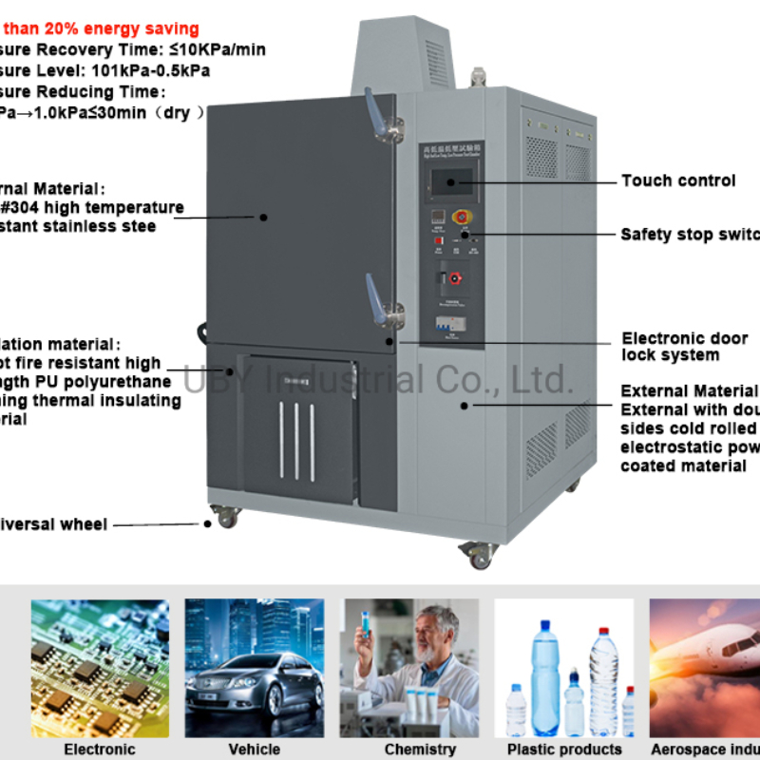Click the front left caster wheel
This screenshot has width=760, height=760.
pyautogui.click(x=227, y=518)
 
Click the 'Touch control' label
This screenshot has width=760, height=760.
pyautogui.click(x=678, y=180)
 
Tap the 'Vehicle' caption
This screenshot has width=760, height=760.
pyautogui.click(x=254, y=750)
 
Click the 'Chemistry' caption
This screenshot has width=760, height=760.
pyautogui.click(x=407, y=750)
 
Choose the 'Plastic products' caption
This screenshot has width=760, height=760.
pyautogui.click(x=564, y=750)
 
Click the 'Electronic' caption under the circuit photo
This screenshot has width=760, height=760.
pyautogui.click(x=100, y=750)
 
